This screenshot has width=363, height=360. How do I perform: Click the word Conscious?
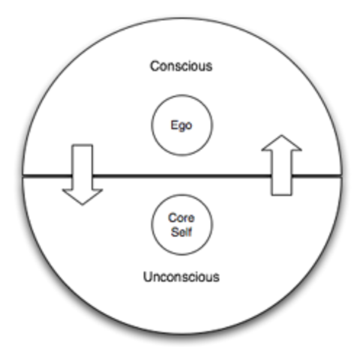[181, 66]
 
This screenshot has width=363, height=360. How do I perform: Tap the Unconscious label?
[181, 277]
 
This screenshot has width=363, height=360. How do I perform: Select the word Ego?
[181, 125]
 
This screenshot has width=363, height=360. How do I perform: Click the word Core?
[181, 217]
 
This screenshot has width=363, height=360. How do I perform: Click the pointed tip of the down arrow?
[82, 203]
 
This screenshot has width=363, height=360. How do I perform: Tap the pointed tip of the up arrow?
[281, 136]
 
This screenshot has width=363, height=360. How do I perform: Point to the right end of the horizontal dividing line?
[342, 177]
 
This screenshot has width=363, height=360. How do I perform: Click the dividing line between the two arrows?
[181, 176]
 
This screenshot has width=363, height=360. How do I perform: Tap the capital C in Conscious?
[154, 66]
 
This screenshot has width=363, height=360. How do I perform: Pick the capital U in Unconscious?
[148, 277]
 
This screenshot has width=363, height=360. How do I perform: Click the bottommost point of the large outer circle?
[182, 334]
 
